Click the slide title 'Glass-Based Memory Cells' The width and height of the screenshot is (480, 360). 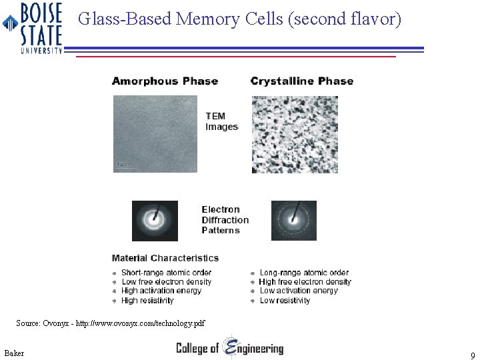click(239, 19)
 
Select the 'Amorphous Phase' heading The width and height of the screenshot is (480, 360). click(165, 81)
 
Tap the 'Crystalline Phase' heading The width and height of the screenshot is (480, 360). click(301, 81)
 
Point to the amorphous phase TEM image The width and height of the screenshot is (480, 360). click(155, 133)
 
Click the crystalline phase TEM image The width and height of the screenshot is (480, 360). click(294, 134)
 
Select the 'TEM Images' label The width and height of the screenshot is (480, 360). click(221, 121)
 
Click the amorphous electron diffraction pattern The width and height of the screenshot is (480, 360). click(155, 221)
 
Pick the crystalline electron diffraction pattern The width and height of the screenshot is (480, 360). click(293, 221)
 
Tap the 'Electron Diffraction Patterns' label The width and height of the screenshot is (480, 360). click(225, 220)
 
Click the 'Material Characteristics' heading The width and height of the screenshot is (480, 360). click(165, 258)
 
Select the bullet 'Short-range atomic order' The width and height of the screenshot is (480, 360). click(166, 273)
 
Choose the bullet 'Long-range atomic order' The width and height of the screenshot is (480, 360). click(304, 273)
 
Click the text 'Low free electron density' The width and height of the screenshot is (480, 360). click(166, 282)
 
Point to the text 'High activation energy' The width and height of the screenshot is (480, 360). click(161, 291)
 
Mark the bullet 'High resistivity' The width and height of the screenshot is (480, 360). click(147, 301)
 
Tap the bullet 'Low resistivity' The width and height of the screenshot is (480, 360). click(285, 301)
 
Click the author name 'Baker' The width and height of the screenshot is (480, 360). click(13, 353)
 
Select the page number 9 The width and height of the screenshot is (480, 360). click(472, 356)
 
